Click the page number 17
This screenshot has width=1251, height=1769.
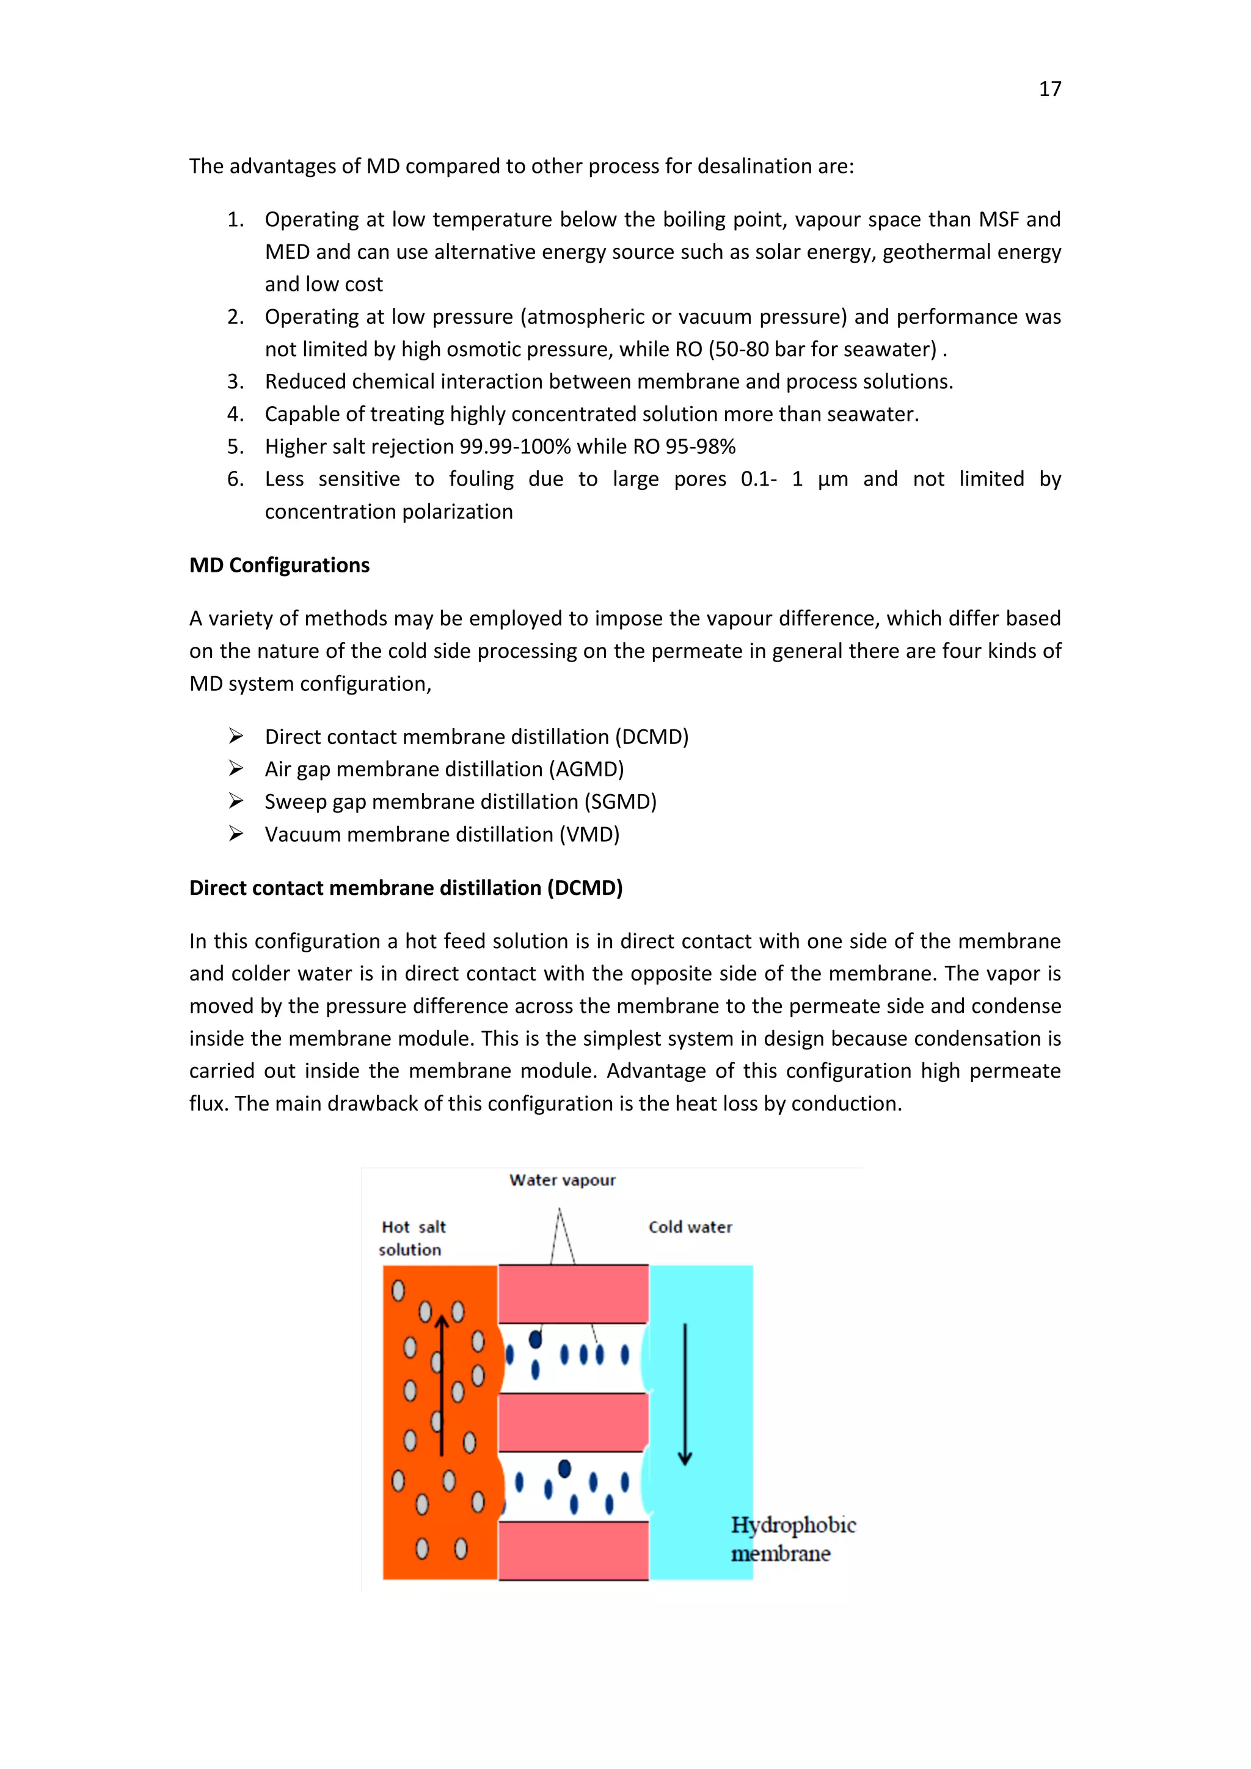pos(1049,89)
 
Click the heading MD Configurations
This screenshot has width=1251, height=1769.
pos(280,566)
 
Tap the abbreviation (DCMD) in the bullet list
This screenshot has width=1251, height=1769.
pos(651,737)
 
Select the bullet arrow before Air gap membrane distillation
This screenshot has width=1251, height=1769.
pos(236,769)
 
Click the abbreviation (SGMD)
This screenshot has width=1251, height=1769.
pos(620,802)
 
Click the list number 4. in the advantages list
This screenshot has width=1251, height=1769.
pos(235,415)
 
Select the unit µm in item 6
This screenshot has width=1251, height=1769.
pos(833,480)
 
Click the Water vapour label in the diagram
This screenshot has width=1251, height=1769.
pos(563,1180)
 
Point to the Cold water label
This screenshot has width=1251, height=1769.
pos(690,1227)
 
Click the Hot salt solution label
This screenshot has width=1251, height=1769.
pos(413,1238)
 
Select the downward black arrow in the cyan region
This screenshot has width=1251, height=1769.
pos(685,1395)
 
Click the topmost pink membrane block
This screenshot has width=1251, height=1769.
pos(573,1294)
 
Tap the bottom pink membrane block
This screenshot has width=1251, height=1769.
pos(573,1550)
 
